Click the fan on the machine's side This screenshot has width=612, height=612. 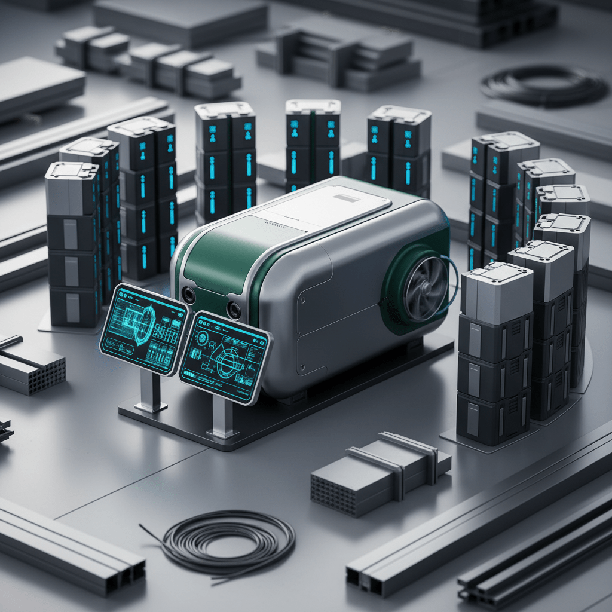(x=425, y=288)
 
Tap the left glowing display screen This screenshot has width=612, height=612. (x=143, y=329)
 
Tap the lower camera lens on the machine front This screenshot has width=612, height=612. (x=234, y=310)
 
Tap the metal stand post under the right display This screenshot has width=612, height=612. (x=222, y=417)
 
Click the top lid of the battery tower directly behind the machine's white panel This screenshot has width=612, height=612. (x=313, y=106)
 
